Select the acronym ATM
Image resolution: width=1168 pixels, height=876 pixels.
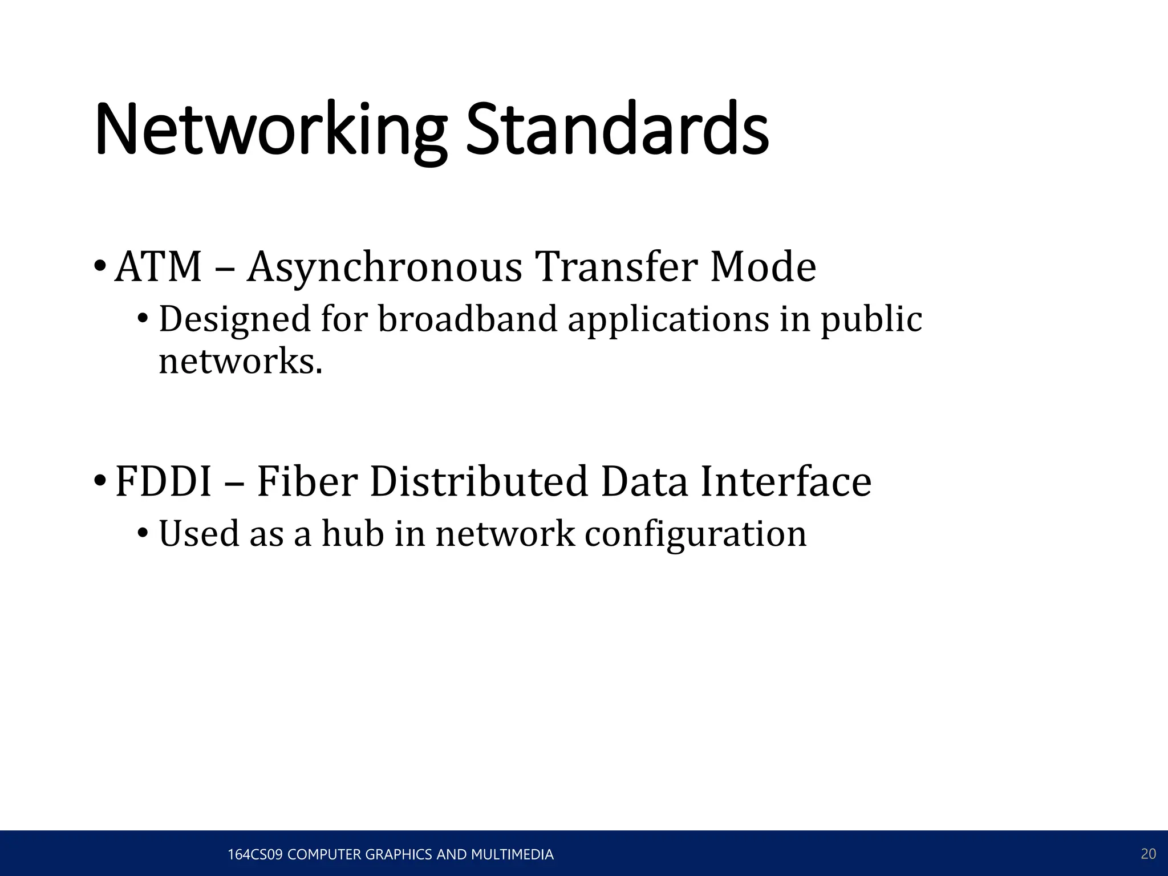click(159, 267)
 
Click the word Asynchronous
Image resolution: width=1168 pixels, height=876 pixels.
click(384, 267)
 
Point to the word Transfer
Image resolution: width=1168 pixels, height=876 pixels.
click(616, 267)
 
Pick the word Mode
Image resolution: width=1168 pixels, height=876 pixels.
click(763, 267)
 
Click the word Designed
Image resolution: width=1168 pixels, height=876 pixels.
click(234, 319)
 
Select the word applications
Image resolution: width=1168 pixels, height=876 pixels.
click(668, 319)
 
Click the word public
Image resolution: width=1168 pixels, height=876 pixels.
click(871, 319)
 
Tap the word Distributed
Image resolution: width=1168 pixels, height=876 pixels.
click(478, 482)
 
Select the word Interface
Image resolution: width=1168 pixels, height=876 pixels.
click(785, 482)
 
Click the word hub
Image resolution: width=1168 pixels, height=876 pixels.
click(352, 534)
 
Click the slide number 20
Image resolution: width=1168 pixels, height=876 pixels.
click(1148, 854)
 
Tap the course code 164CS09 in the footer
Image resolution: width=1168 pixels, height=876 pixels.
click(255, 854)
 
